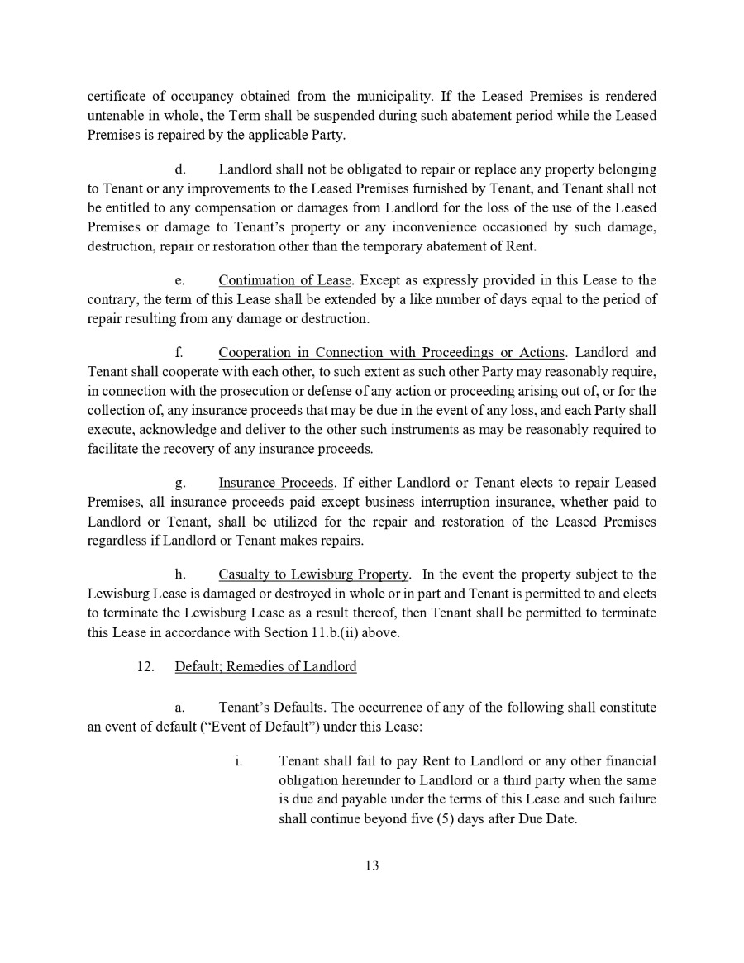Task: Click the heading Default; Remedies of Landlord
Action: pos(265,666)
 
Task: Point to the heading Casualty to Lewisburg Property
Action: pos(314,574)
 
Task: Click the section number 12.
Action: pos(146,666)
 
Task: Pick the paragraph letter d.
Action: pos(179,169)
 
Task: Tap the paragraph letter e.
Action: pos(179,281)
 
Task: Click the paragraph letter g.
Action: pos(179,482)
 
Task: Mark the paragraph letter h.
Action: pos(179,574)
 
